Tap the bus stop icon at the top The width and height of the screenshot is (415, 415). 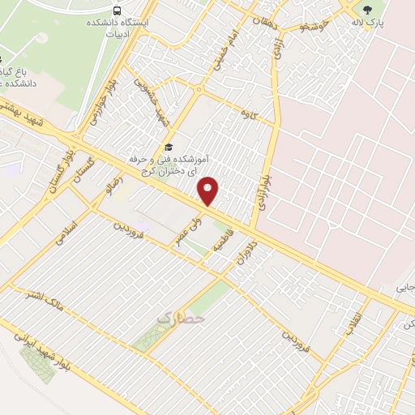(x=118, y=11)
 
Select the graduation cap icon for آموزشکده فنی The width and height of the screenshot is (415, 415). (x=169, y=147)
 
